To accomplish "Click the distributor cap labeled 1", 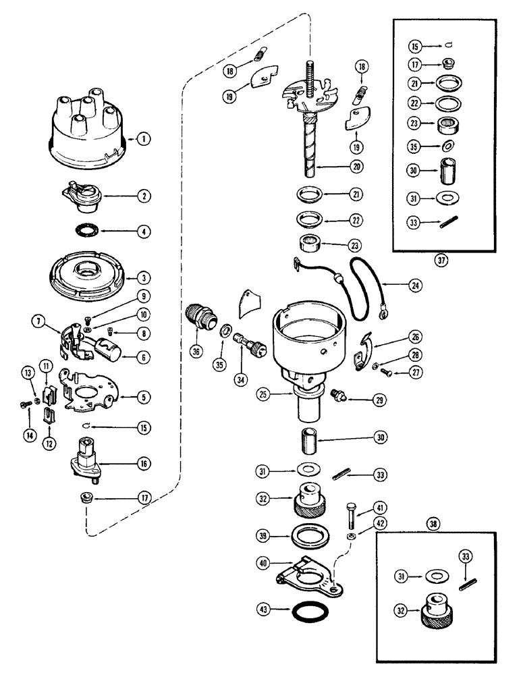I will [81, 135].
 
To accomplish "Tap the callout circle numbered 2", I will [143, 197].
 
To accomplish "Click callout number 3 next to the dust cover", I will [143, 277].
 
